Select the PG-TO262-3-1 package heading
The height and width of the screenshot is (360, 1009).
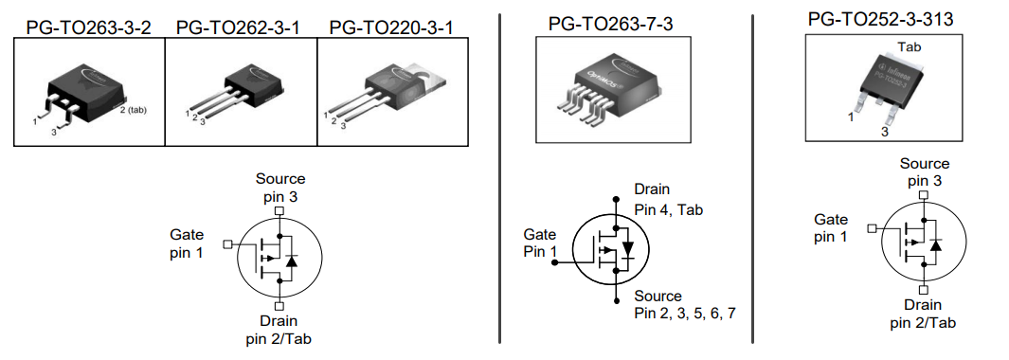pos(239,27)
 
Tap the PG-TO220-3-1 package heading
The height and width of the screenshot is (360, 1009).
pos(391,27)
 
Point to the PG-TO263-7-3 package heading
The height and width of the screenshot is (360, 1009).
pos(609,22)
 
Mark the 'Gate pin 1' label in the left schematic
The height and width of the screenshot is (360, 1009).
pos(187,243)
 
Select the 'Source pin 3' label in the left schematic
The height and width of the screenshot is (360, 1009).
pos(280,188)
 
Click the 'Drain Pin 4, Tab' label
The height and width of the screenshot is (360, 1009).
pos(668,200)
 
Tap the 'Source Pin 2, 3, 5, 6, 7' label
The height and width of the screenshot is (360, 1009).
pos(684,304)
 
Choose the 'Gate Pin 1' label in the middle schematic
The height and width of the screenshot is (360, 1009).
pos(541,243)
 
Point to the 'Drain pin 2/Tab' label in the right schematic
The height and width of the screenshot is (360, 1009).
pos(922,314)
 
